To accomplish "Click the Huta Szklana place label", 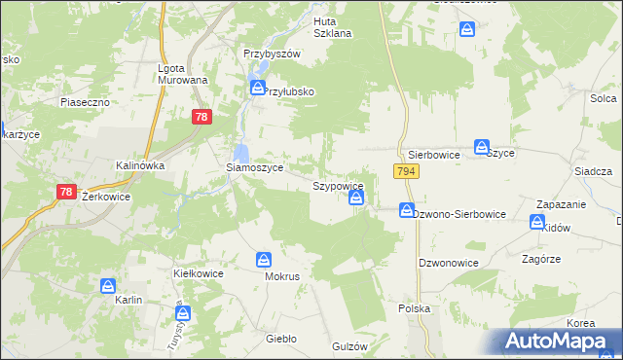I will coord(332,26).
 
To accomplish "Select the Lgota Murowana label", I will coord(183,74).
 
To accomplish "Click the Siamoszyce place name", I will coord(255,167).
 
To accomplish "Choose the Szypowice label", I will coord(338,185).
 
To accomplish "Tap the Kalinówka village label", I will coord(140,165).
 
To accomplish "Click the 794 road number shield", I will coord(407,171).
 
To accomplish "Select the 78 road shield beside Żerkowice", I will coord(66,192).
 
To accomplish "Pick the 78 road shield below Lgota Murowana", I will coord(201,117).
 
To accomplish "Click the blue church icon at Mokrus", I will coord(264,260).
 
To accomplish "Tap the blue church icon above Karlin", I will coord(108,286).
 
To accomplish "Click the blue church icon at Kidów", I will coord(537,222).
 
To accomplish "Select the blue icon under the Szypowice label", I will coord(357,198).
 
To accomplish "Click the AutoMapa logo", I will coord(560,341).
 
